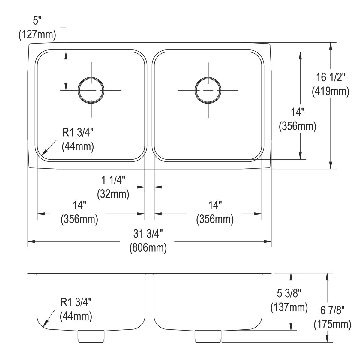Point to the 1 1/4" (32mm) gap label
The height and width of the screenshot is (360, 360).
click(113, 188)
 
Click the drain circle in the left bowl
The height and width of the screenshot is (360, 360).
click(91, 90)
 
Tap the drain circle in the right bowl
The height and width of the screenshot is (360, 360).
click(208, 90)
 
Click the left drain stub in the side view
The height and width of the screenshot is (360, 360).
click(91, 336)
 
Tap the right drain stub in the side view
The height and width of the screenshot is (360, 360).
click(208, 336)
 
